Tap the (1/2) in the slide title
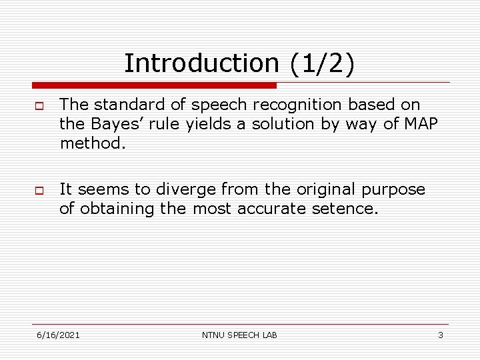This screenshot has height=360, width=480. [322, 64]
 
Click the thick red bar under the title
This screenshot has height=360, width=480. [154, 85]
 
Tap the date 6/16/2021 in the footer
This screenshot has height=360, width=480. [59, 335]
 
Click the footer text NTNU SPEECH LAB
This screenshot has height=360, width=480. [239, 335]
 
